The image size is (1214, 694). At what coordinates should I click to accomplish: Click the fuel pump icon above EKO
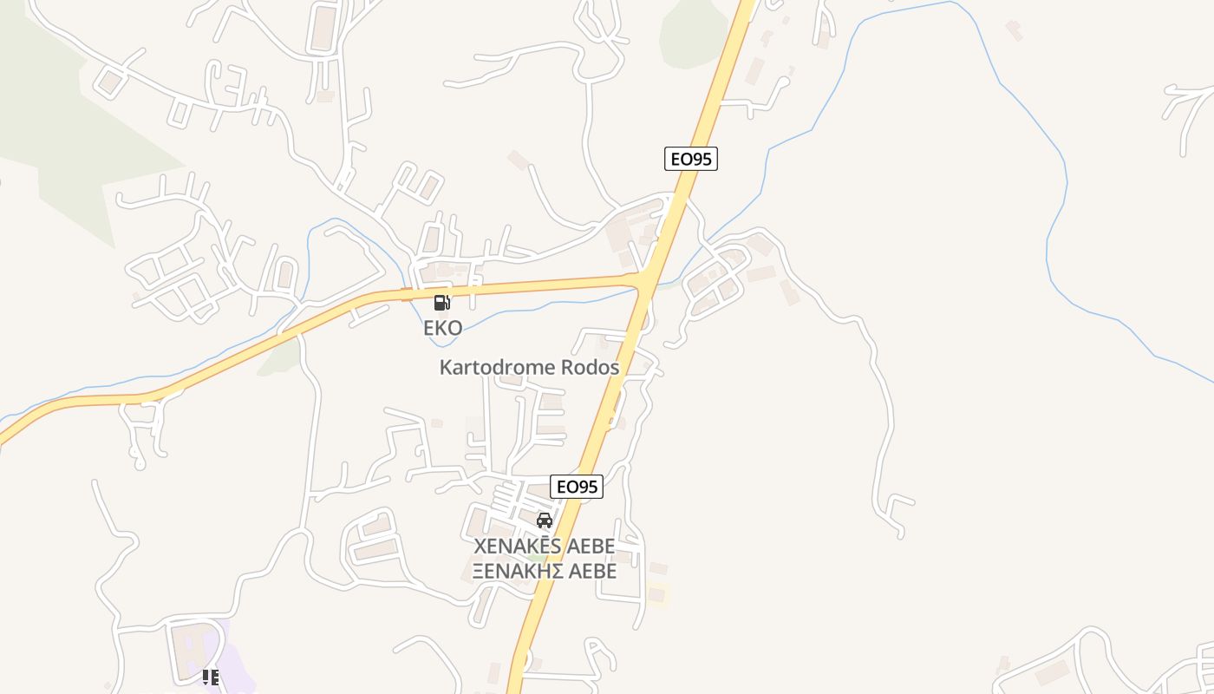(x=441, y=303)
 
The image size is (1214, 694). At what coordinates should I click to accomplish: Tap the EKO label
(x=442, y=328)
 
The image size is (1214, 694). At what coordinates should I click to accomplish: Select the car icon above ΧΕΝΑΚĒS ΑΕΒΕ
(x=545, y=520)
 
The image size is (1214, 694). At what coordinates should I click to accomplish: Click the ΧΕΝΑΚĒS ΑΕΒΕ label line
(x=544, y=547)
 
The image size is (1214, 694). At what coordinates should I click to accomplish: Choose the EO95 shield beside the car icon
(x=577, y=487)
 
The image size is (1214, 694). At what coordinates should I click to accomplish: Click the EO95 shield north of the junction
(x=691, y=159)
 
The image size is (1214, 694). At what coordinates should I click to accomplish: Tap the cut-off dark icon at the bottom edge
(x=210, y=678)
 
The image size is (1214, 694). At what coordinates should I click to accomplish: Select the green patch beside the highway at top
(x=692, y=35)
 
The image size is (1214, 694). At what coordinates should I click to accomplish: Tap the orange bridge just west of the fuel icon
(x=406, y=294)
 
